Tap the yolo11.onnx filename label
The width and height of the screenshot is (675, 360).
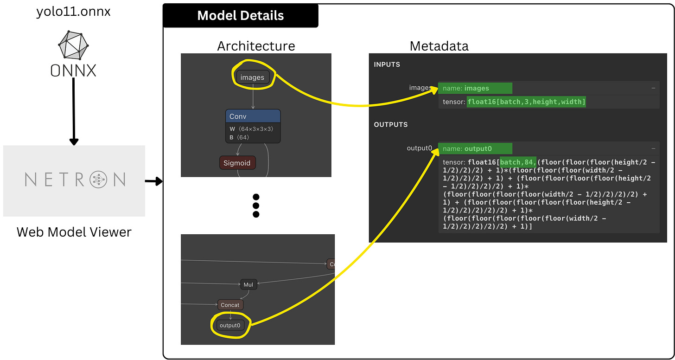[x=73, y=12]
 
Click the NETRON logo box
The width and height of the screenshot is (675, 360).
[x=74, y=180]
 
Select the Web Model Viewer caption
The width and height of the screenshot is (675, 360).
[x=74, y=232]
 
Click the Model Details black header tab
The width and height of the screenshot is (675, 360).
[x=240, y=15]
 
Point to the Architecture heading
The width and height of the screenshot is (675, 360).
[x=256, y=46]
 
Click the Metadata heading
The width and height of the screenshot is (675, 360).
[x=439, y=46]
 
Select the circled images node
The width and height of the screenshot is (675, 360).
[x=252, y=77]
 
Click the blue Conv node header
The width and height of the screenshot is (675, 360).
[x=253, y=116]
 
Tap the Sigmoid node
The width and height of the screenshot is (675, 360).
[x=237, y=163]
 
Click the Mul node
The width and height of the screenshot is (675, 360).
[x=248, y=284]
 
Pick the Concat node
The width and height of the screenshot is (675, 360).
[x=230, y=305]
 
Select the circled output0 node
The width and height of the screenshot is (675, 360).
[x=230, y=325]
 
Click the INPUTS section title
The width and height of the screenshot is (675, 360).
[x=387, y=64]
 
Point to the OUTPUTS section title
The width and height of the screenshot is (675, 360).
[x=390, y=125]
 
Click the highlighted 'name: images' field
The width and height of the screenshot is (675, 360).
[x=475, y=88]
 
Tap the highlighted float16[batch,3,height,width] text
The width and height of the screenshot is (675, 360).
[x=526, y=102]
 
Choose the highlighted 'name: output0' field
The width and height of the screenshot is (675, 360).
[x=475, y=148]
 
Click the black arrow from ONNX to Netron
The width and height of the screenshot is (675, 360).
[x=73, y=111]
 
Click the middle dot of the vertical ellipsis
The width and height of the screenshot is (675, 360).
[x=255, y=206]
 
